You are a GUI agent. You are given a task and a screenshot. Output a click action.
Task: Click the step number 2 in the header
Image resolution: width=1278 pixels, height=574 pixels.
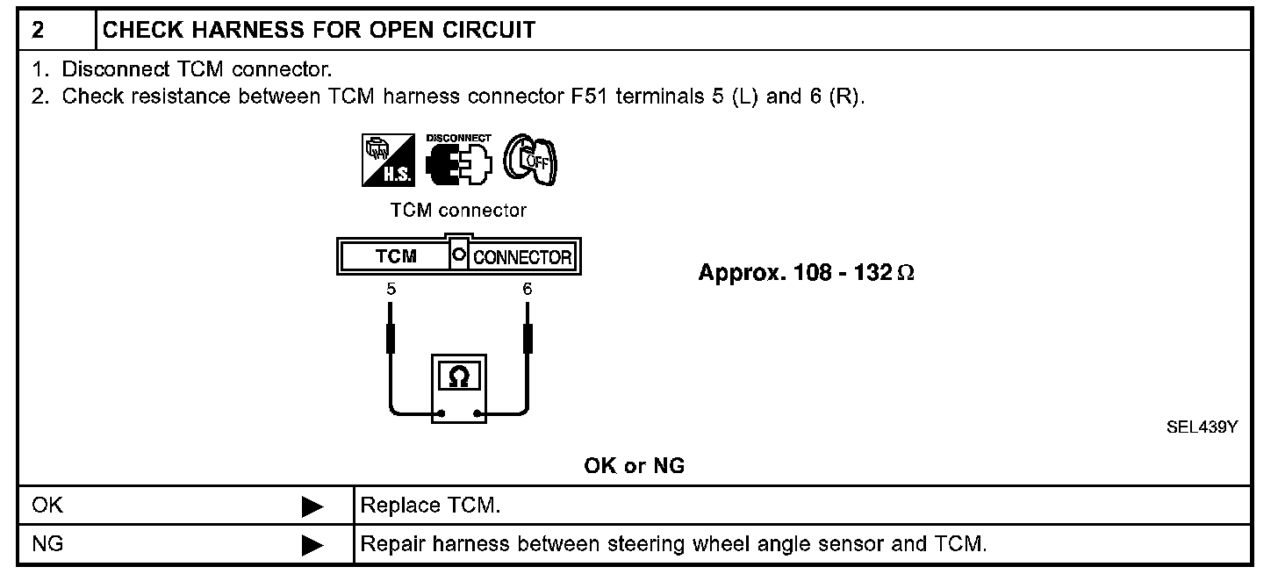click(38, 31)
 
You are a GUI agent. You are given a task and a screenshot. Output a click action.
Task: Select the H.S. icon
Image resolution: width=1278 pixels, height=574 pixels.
click(385, 161)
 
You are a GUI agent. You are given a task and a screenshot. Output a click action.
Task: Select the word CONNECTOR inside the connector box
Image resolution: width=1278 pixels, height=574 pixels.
click(523, 258)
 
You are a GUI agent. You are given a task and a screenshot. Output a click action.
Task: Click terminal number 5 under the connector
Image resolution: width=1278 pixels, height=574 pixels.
click(390, 288)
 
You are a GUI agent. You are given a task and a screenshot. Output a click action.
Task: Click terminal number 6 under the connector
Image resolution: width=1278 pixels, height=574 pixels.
click(527, 288)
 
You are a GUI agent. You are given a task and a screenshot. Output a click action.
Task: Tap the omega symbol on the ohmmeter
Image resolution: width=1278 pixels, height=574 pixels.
click(458, 377)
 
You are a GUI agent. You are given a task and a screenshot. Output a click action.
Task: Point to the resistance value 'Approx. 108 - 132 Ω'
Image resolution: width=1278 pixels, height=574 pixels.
click(807, 273)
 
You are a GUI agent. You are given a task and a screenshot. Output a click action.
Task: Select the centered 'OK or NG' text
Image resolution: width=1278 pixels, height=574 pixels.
click(634, 467)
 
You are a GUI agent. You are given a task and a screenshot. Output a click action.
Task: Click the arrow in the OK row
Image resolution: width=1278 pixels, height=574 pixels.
click(312, 507)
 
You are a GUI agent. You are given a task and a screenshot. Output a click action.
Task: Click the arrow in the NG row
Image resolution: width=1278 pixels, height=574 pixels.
click(312, 545)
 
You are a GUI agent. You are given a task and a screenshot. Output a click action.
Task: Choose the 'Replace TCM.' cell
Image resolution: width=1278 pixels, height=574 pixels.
click(430, 506)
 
